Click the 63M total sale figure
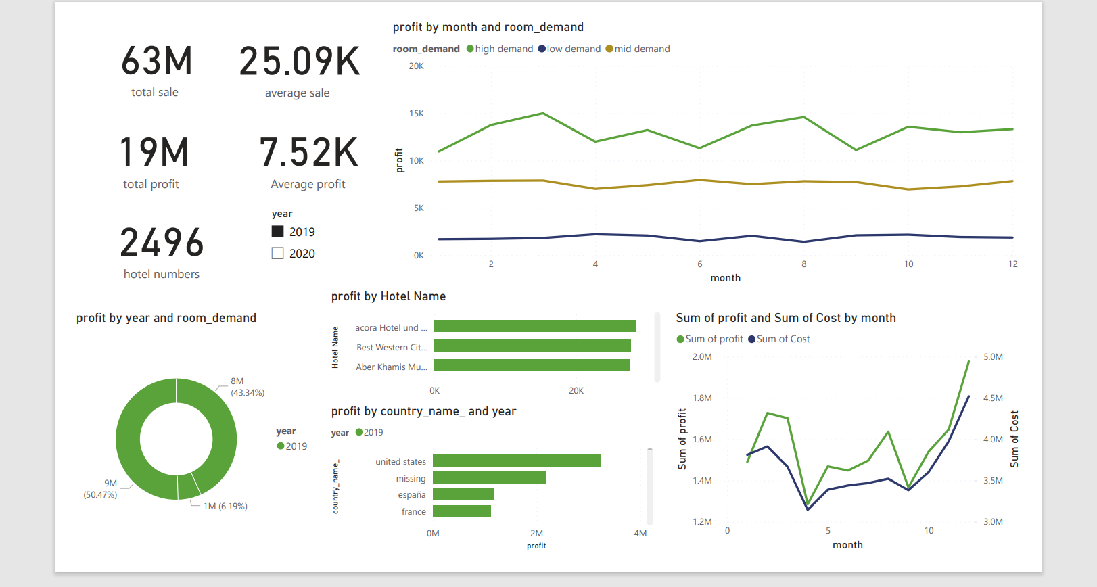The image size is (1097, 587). point(157,62)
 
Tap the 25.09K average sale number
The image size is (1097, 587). point(300,62)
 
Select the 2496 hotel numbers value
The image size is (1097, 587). point(162,243)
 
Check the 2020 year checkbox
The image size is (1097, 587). point(277,254)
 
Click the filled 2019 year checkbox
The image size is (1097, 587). point(277,232)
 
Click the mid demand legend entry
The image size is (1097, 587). point(638,49)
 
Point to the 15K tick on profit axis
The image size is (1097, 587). point(416,114)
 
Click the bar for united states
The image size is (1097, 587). point(516,461)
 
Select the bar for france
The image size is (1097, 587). point(461,511)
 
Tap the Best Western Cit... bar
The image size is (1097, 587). point(532,346)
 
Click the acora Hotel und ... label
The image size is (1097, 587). point(391,328)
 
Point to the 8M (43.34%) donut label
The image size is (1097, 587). point(247,387)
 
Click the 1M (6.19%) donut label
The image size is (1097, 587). point(225,507)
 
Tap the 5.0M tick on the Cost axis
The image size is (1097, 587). point(993,357)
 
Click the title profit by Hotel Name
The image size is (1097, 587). point(388,296)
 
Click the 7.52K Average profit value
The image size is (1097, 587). point(308,153)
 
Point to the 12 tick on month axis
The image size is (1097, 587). point(1012,264)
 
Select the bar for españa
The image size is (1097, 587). point(463,494)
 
